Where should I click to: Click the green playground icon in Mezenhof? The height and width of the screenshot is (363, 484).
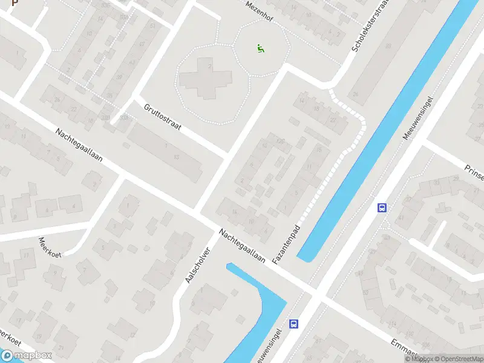[x=260, y=48]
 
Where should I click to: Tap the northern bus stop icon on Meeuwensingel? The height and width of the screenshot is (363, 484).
[x=382, y=208]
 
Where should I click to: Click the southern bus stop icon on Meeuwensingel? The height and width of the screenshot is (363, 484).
[x=293, y=324]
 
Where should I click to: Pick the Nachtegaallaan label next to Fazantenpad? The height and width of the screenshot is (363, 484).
[x=243, y=246]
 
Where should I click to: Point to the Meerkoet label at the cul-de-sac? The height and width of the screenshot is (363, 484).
[x=50, y=246]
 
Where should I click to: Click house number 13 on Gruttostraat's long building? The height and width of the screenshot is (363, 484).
[x=176, y=157]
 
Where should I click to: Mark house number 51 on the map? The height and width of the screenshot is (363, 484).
[x=152, y=26]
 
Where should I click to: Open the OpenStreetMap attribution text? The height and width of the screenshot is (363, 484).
[x=457, y=359]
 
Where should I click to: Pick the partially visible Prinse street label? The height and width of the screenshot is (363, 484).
[x=473, y=172]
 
